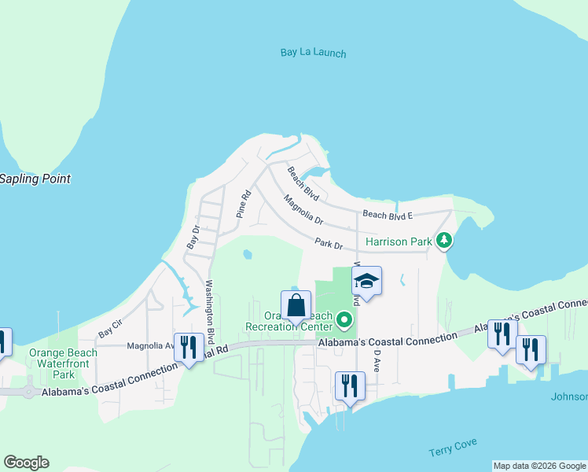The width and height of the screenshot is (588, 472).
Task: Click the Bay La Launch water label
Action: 313,53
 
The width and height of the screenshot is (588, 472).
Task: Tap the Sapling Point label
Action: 35,179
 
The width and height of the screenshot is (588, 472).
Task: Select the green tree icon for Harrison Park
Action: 445,241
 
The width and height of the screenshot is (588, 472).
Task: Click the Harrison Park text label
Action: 399,242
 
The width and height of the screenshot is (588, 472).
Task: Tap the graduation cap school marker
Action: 366,281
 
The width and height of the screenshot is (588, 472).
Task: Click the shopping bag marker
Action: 296,306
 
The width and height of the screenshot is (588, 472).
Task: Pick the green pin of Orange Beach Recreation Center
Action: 344,319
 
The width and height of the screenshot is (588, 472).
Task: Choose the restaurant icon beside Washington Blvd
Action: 189,346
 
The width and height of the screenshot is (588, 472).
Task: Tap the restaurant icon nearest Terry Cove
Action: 350,385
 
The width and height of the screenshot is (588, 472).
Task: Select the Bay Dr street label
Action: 193,236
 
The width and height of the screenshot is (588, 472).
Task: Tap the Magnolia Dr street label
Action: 303,209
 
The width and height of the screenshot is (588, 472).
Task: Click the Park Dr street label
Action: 329,245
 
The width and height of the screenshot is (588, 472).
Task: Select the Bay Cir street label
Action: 110,328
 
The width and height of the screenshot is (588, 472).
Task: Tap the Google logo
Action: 26,463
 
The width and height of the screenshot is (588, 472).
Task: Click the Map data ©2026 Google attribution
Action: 539,466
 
